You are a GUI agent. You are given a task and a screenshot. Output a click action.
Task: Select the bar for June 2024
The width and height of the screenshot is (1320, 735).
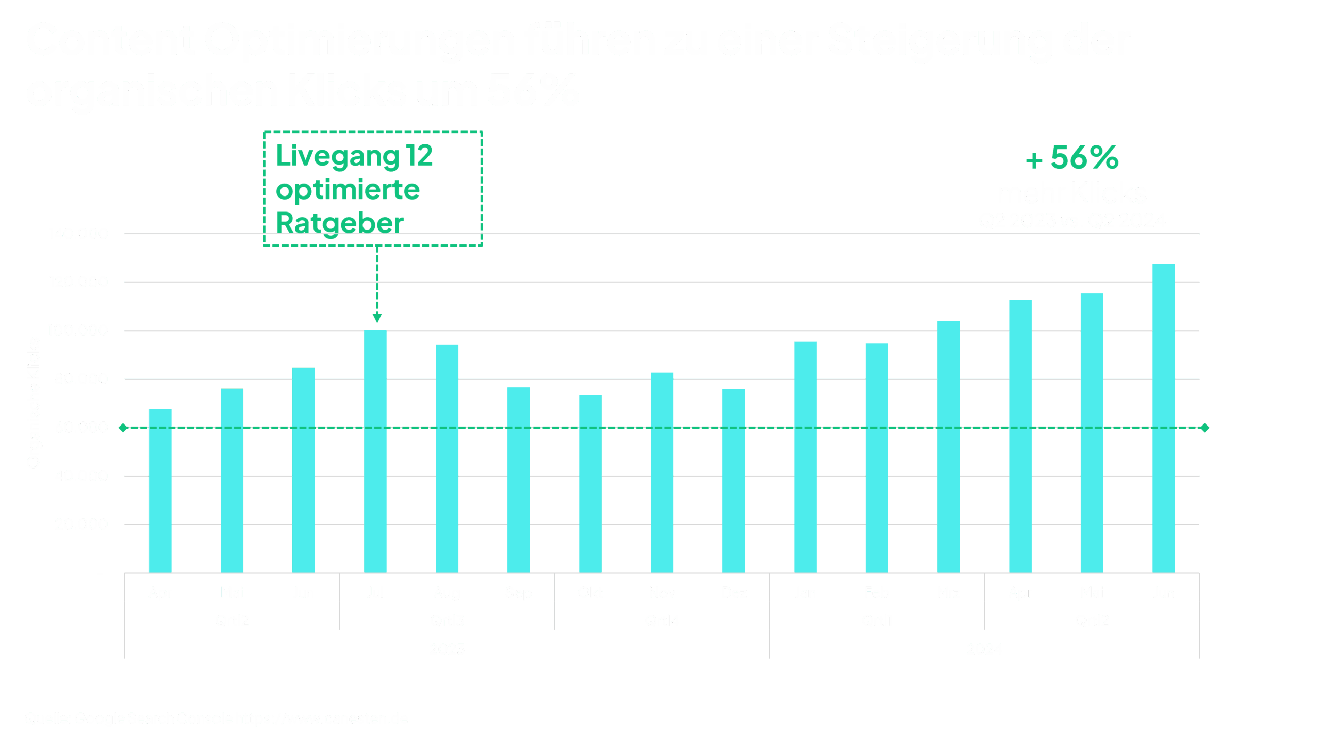point(1163,418)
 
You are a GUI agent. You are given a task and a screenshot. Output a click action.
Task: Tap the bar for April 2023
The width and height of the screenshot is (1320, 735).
point(160,490)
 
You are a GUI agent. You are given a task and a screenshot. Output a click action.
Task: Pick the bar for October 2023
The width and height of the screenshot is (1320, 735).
point(590,483)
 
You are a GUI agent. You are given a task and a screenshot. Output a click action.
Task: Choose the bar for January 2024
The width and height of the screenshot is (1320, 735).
point(805,456)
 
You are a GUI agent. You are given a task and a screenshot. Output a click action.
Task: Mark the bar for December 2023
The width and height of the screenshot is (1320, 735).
point(733,480)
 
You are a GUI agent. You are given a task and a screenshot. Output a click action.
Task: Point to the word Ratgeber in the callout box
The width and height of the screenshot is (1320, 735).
point(340,223)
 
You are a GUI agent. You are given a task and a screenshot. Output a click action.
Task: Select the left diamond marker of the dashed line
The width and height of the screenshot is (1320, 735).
point(123,428)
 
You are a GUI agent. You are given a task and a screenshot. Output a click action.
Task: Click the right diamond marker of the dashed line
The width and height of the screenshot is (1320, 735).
point(1204,428)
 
